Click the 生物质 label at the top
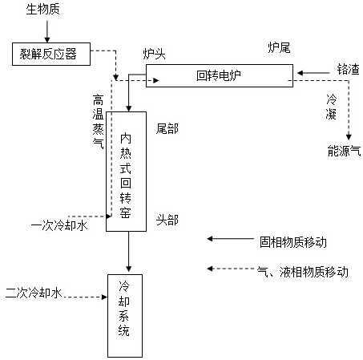(x=42, y=9)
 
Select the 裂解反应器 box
(x=51, y=54)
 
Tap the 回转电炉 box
(x=220, y=75)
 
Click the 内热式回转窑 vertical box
(x=126, y=172)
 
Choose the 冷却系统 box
(x=125, y=316)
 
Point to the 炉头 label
(x=155, y=54)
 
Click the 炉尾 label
(x=279, y=48)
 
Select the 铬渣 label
(x=348, y=69)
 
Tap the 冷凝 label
(x=331, y=107)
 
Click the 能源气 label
(x=344, y=151)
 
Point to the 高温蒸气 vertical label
(x=98, y=121)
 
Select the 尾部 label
(x=167, y=129)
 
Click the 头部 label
(x=167, y=220)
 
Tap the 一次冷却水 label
(x=59, y=226)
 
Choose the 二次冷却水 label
(x=34, y=293)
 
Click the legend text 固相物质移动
(x=293, y=242)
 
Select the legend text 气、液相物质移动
(x=303, y=272)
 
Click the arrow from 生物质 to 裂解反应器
(x=47, y=31)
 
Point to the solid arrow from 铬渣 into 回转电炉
(x=313, y=73)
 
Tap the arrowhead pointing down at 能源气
(x=349, y=137)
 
